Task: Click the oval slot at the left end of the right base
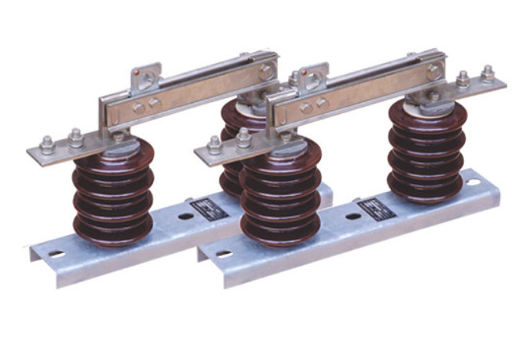coord(224,254)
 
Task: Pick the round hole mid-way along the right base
coord(353,216)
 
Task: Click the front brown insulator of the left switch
coord(112,196)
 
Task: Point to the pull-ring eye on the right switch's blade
coord(314,79)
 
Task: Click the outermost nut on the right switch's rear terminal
coord(488,74)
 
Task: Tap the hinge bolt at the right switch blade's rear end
coord(433,71)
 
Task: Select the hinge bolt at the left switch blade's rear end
coord(266,72)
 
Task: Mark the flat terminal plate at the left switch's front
coord(63,152)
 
